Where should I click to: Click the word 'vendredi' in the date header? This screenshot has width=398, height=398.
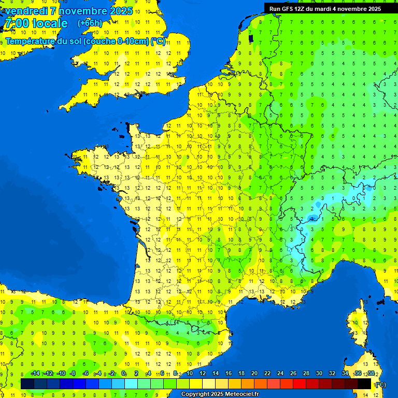[26, 11]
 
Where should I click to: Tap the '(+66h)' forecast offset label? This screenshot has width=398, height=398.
[89, 23]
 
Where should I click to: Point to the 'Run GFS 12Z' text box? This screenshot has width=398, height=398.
[324, 9]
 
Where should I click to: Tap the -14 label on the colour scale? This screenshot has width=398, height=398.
[35, 374]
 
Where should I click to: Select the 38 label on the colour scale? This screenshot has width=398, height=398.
[371, 374]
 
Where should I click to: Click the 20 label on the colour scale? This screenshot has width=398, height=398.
[254, 374]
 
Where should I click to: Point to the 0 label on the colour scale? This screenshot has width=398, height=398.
[123, 374]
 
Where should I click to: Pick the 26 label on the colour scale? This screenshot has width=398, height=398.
[293, 374]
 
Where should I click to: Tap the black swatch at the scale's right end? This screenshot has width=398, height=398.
[364, 383]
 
